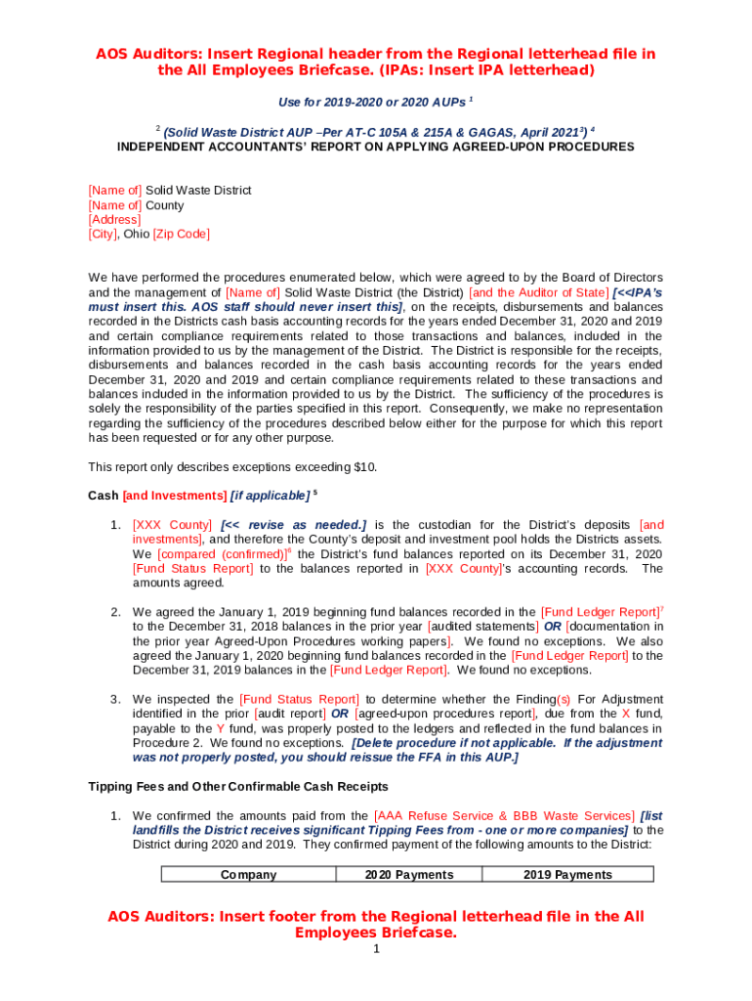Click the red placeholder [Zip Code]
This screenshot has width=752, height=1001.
(182, 235)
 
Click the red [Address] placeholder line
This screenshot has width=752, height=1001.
(114, 220)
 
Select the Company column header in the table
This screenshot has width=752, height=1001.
(248, 875)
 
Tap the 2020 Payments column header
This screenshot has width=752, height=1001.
(408, 875)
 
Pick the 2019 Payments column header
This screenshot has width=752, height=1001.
(567, 875)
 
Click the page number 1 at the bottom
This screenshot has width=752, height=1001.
(376, 950)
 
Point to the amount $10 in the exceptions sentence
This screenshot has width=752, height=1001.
(361, 467)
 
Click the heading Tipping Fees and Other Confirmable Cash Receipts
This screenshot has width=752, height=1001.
(238, 787)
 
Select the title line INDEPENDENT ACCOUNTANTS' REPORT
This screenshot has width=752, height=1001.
(375, 148)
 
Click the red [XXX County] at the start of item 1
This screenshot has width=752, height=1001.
(172, 525)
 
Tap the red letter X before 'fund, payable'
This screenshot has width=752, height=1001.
(626, 715)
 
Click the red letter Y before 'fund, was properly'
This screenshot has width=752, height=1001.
(221, 729)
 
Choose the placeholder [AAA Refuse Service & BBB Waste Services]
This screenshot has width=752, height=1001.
(503, 816)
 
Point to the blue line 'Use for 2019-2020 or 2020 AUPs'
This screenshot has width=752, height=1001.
(372, 103)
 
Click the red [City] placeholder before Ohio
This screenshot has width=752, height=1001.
(103, 235)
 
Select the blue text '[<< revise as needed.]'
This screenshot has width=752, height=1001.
(294, 525)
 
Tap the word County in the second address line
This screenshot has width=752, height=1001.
(164, 205)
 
